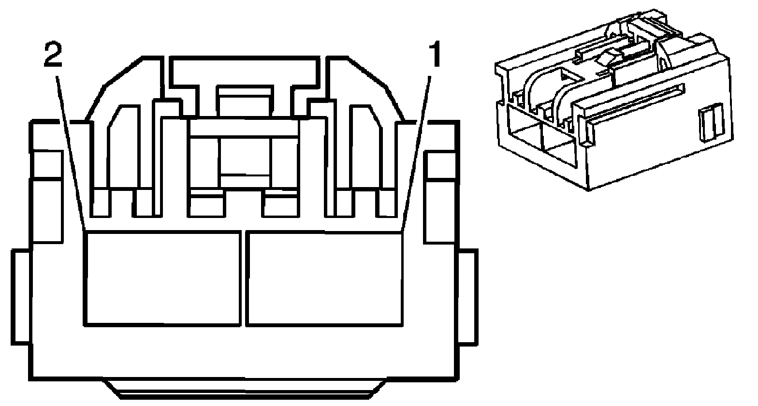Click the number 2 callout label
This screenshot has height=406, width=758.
point(53,57)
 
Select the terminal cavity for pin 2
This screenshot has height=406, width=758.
point(163,278)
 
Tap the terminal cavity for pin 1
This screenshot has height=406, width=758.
point(324,278)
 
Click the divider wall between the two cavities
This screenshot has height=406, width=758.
point(243,278)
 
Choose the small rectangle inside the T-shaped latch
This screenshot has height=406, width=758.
point(244,101)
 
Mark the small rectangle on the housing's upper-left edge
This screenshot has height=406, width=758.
point(48,164)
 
